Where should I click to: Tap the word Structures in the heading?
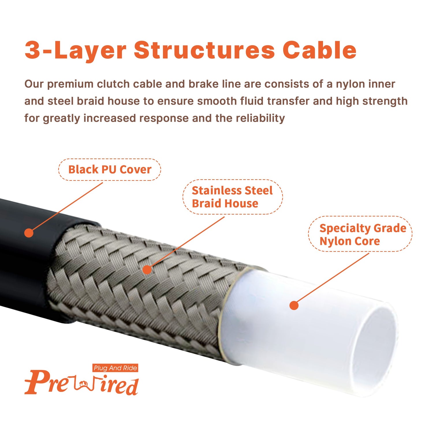[x=204, y=50]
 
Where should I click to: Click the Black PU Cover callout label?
[x=110, y=169]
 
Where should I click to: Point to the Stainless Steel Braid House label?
[x=233, y=197]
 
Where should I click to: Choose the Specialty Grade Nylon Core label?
[x=360, y=234]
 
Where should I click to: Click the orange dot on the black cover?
[x=29, y=233]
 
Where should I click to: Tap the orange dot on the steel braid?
[x=147, y=270]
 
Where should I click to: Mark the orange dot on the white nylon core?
[x=294, y=305]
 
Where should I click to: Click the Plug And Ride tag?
[x=115, y=368]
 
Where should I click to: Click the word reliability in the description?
[x=260, y=118]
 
